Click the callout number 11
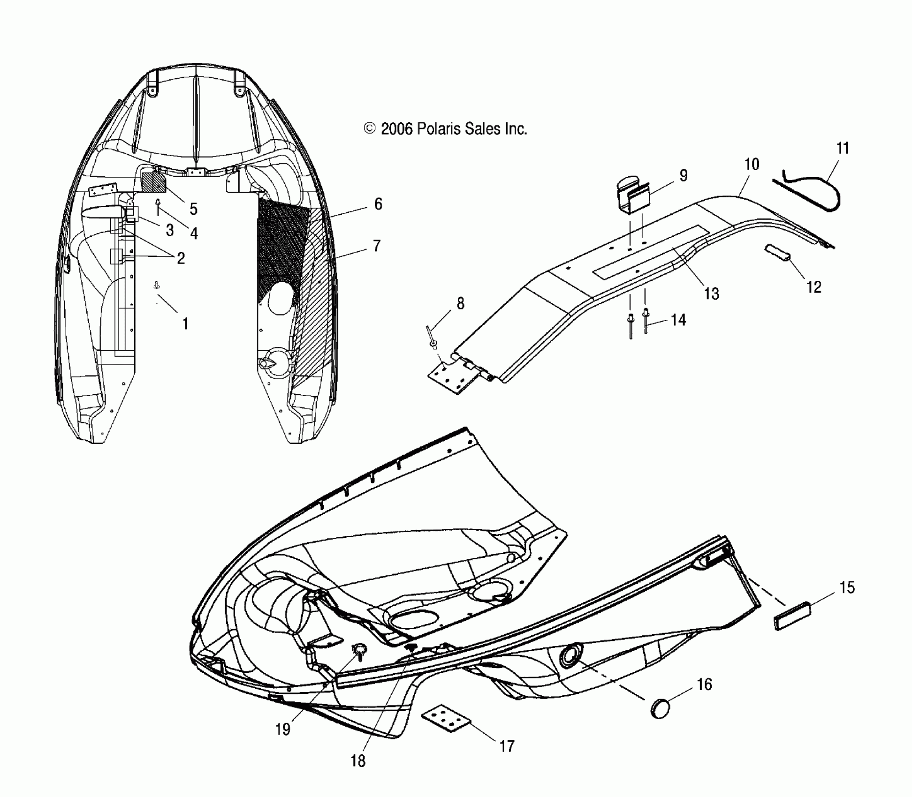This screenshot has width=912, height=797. (x=843, y=149)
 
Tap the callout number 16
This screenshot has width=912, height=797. (x=704, y=684)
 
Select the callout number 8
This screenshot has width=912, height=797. (x=460, y=304)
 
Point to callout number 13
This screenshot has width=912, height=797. (x=711, y=293)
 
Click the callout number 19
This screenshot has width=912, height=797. (x=282, y=729)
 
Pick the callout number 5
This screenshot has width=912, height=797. (x=193, y=209)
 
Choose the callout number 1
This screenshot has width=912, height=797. (x=185, y=323)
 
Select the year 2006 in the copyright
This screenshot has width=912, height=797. (x=396, y=129)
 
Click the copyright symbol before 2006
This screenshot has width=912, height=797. (x=370, y=128)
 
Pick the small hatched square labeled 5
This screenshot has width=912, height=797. (x=154, y=182)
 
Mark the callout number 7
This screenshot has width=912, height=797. (x=376, y=246)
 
